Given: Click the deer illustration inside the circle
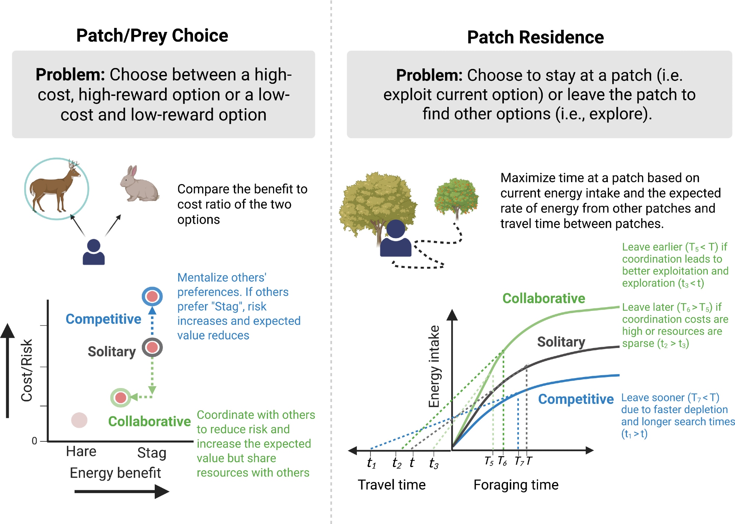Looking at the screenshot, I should (56, 188).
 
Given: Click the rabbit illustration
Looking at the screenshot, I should (139, 184).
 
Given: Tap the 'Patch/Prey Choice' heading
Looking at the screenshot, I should (152, 36).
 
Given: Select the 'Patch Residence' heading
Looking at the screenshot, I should (535, 37).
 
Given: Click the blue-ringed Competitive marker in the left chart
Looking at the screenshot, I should (152, 296).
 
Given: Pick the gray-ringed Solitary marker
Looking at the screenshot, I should (152, 347).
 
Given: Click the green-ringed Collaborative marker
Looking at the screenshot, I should (121, 397).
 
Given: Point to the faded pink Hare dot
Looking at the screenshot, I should (79, 420).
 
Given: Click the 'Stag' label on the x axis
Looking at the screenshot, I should (151, 453).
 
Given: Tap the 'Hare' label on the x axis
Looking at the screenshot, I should (81, 451).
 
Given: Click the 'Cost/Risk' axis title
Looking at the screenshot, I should (27, 370).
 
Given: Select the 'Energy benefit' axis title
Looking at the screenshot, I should (115, 473).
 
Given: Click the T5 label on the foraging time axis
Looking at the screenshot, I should (489, 461).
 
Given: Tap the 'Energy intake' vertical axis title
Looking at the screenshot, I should (434, 366).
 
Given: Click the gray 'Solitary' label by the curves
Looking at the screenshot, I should (561, 342).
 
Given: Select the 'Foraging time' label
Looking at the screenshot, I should (516, 485).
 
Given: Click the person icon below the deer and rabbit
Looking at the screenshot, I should (94, 252).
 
